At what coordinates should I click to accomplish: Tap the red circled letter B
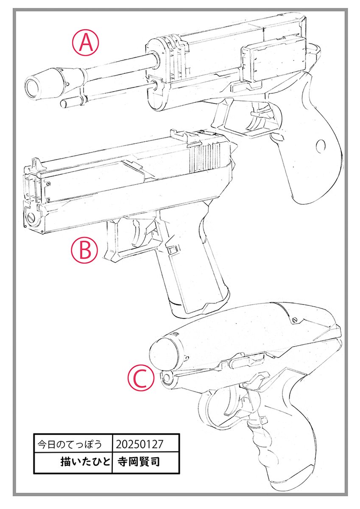point(84,251)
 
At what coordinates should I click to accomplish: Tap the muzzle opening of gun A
point(31,87)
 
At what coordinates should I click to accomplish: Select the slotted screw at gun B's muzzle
point(33,218)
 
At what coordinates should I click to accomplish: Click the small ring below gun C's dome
point(167,378)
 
